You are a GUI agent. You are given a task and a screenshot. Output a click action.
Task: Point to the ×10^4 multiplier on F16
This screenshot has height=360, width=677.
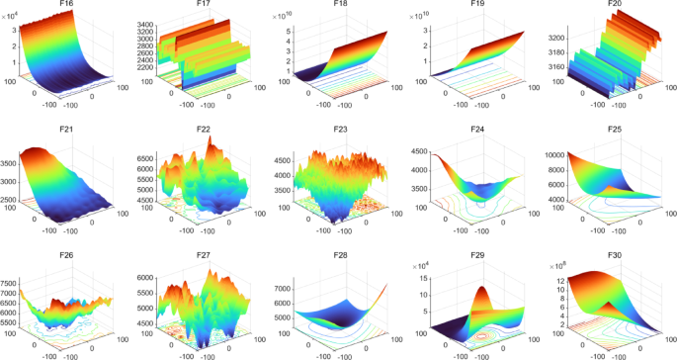[x=18, y=16]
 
